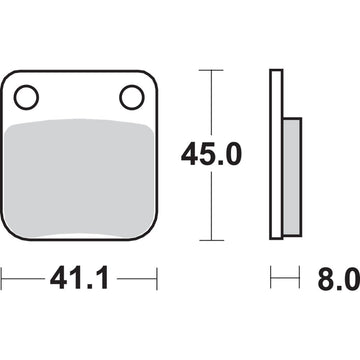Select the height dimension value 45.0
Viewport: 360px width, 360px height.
[209, 154]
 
